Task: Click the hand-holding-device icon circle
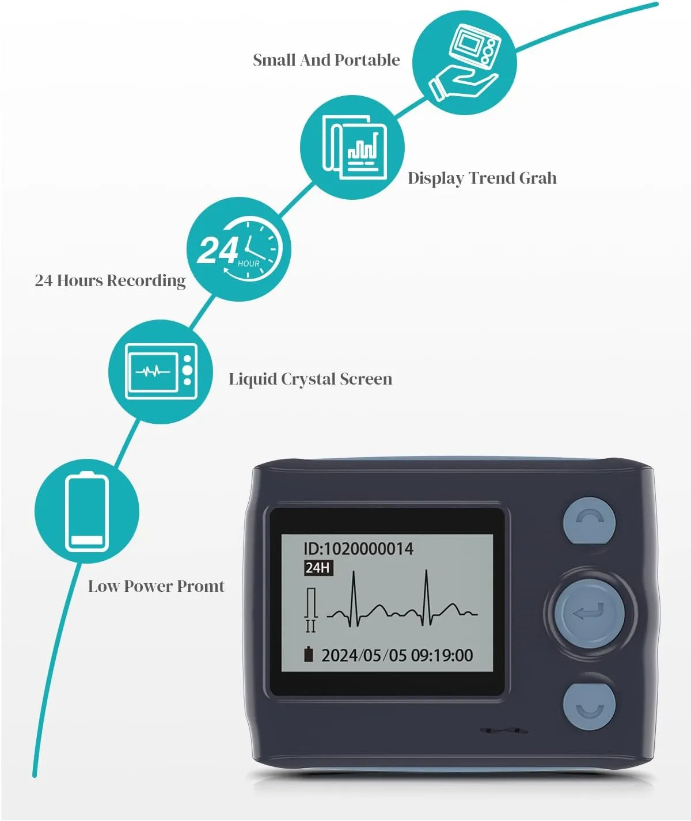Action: pos(464,63)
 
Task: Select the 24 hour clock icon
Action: pos(239,249)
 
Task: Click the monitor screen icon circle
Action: pos(161,371)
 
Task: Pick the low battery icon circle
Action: pos(87,511)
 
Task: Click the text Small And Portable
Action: pos(326,60)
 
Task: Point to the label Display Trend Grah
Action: pos(482,178)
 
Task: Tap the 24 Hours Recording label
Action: pos(110,281)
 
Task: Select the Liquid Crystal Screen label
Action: pos(310,379)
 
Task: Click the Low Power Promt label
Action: pos(156,586)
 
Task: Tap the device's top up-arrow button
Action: pos(589,521)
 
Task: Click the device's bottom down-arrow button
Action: pos(589,706)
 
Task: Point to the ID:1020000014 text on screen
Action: pos(358,549)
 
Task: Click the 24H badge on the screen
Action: pos(318,568)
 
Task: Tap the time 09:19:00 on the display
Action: pos(442,655)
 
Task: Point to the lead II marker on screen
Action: pos(311,626)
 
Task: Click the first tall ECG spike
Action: pos(354,598)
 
